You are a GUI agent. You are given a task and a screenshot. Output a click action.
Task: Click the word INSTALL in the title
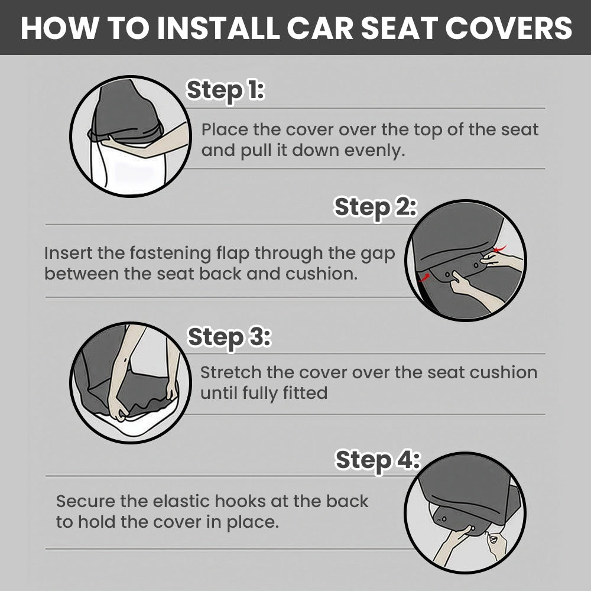point(218,28)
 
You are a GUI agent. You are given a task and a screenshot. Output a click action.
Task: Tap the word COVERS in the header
point(509,28)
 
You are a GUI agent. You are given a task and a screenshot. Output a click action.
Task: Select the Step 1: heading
point(225,90)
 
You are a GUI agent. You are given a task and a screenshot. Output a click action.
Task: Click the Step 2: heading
point(375,207)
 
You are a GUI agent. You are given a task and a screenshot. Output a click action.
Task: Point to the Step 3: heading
point(229,337)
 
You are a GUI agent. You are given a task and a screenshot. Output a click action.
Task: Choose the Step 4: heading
point(377,460)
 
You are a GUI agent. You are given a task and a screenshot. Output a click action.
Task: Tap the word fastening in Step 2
point(170,254)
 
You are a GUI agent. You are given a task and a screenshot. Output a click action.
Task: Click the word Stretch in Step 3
point(230,373)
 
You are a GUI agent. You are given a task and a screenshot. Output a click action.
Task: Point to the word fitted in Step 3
point(305,393)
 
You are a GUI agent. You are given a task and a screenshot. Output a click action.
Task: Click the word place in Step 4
point(252,523)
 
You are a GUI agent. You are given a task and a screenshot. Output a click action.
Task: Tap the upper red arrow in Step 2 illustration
point(500,248)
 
